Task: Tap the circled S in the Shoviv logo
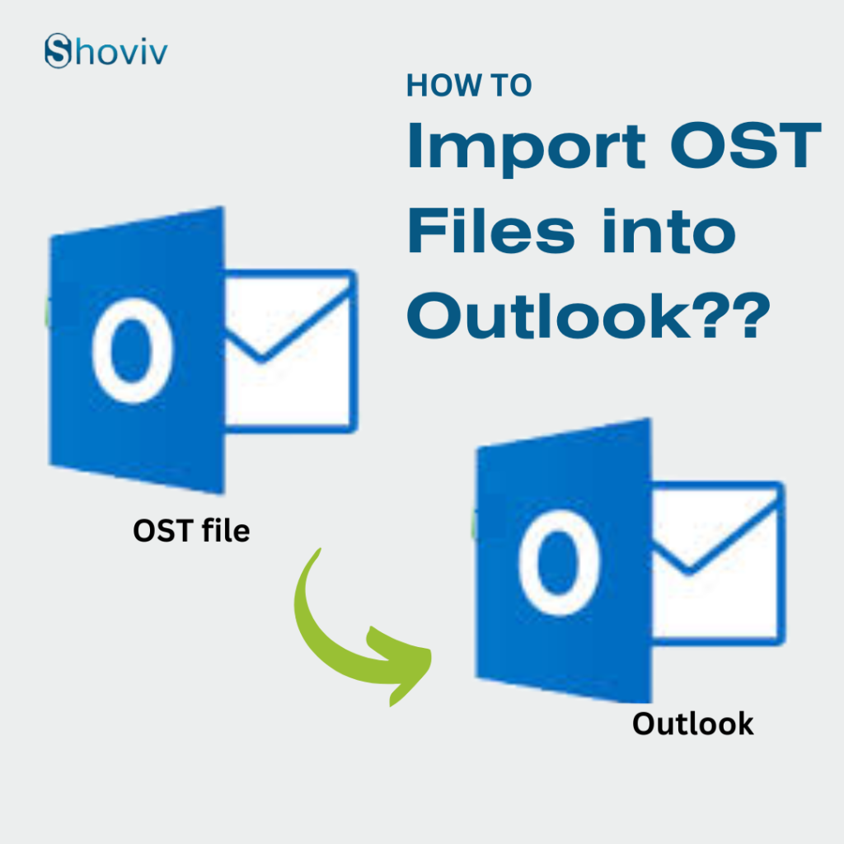click(x=57, y=51)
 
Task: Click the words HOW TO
click(x=469, y=86)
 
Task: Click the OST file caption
click(x=191, y=531)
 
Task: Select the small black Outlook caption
click(x=692, y=724)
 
